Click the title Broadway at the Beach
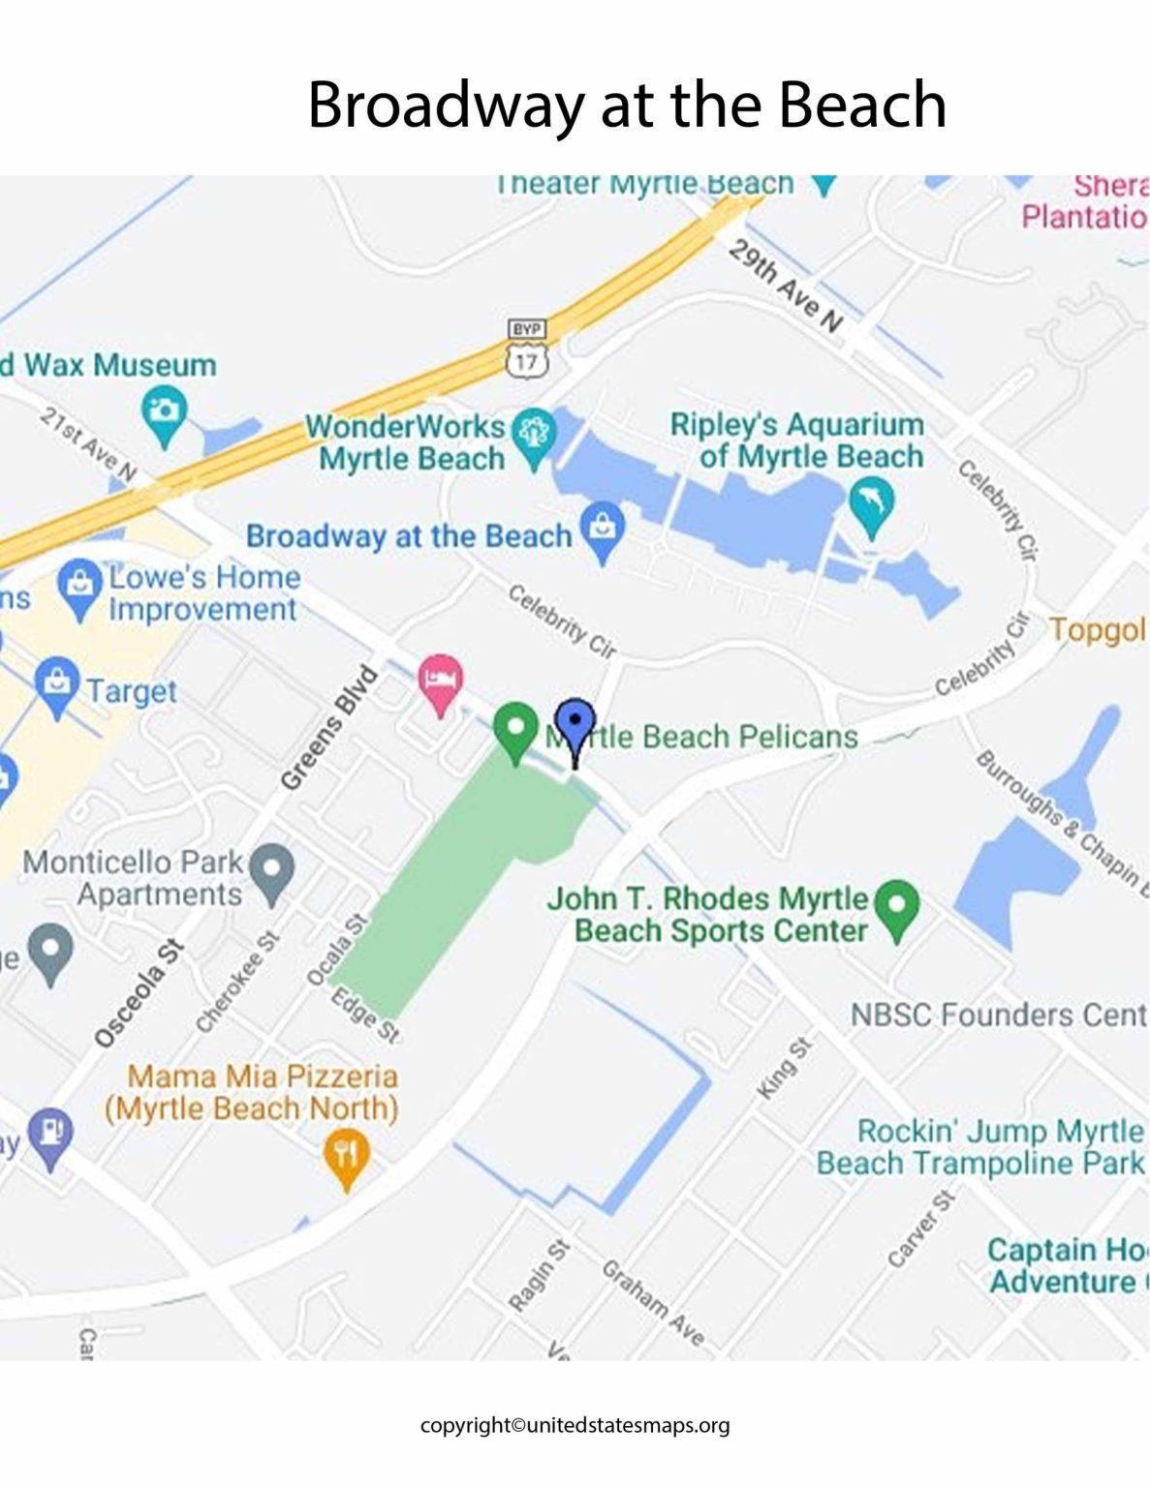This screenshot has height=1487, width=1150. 626,105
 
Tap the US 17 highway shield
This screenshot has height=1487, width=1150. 526,361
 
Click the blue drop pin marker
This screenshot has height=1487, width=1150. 575,723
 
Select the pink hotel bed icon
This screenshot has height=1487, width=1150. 440,680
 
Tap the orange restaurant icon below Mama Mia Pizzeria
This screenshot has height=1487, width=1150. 346,1155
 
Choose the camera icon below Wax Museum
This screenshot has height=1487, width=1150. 164,411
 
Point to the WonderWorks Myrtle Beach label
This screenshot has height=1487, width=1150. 407,441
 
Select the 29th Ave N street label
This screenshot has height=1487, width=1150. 785,286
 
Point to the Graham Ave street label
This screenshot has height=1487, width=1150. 653,1302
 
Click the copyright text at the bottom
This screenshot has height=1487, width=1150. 575,1424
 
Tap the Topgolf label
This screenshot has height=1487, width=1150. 1097,629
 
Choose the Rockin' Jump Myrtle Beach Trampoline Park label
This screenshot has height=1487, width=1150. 980,1146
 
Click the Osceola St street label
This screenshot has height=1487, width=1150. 139,992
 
